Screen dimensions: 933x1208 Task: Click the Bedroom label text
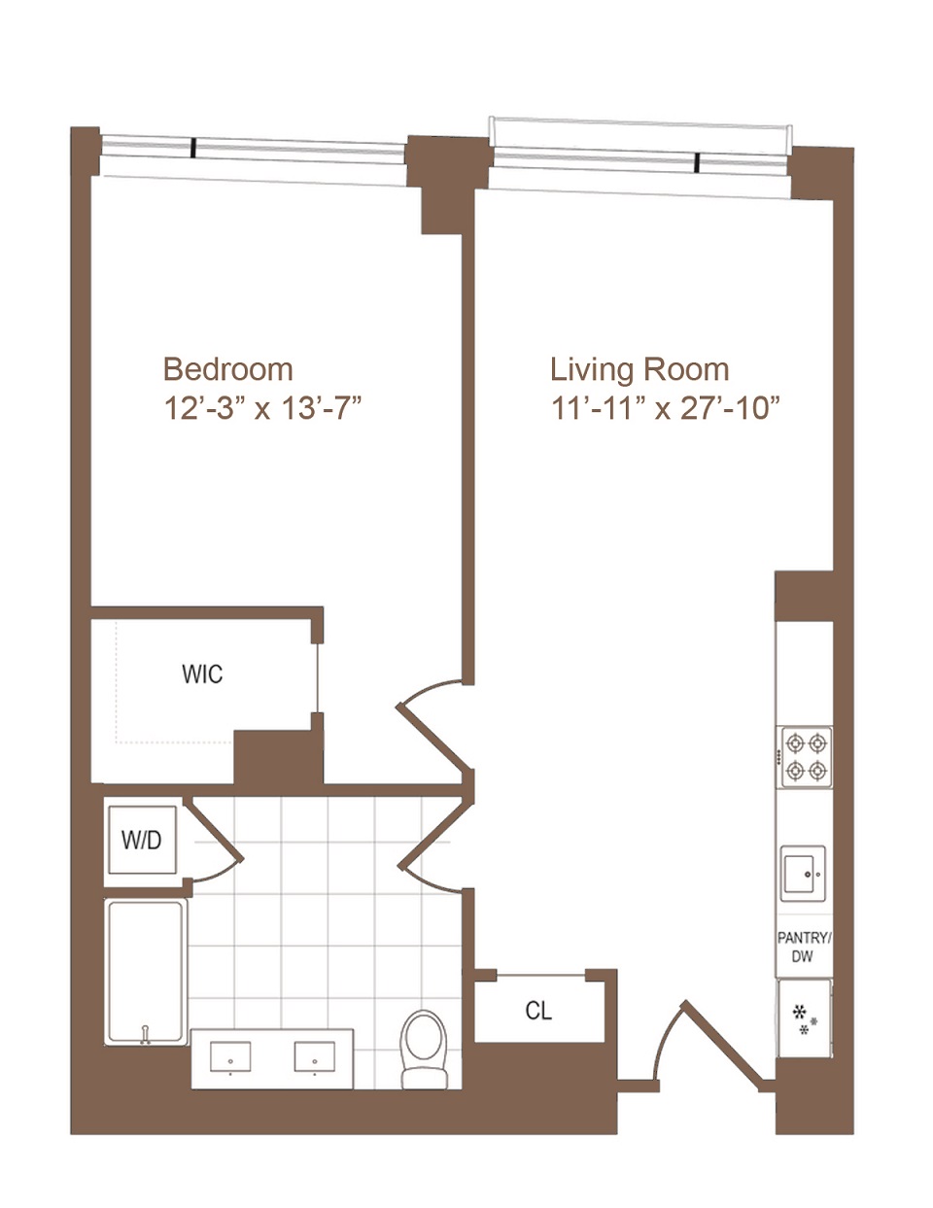(227, 369)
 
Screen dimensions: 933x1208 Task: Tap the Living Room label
(639, 369)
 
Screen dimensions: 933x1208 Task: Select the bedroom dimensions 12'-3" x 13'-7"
(262, 408)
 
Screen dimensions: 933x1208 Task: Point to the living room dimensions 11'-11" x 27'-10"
(666, 408)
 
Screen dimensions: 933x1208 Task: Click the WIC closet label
(202, 674)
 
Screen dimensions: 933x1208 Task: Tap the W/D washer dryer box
(142, 840)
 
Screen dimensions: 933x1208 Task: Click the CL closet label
(538, 1011)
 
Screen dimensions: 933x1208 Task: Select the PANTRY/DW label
(804, 948)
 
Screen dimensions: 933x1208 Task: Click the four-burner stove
(807, 757)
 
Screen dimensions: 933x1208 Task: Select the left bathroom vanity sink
(230, 1056)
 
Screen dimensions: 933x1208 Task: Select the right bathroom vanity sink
(315, 1056)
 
